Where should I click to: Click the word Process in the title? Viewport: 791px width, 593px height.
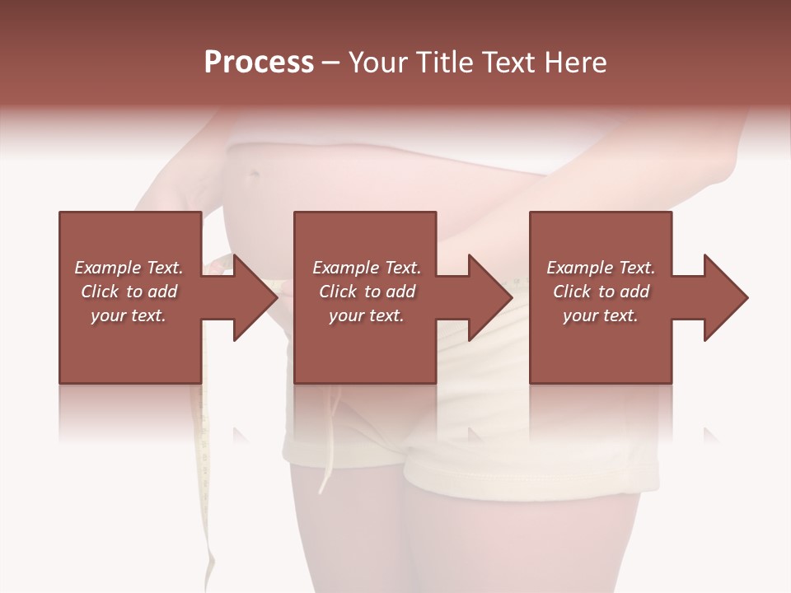[259, 63]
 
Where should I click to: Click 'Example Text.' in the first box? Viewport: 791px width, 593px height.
[129, 268]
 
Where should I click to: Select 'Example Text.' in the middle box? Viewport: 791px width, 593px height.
[367, 268]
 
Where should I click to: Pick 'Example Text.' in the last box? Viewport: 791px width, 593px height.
[601, 268]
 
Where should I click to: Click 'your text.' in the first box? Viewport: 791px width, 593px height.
[129, 315]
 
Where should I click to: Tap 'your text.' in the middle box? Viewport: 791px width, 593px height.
[367, 315]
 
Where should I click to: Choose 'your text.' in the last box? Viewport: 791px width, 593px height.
[601, 315]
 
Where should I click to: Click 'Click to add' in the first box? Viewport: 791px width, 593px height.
[129, 292]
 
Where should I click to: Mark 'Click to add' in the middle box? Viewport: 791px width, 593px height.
[367, 292]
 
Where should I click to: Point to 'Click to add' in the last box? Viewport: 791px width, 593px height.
[601, 292]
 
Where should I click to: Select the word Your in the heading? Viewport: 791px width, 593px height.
[377, 63]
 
